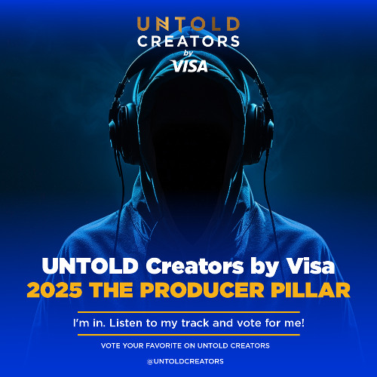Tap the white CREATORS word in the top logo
click(x=188, y=41)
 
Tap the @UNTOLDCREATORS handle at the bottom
click(x=188, y=361)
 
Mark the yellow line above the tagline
click(x=188, y=311)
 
